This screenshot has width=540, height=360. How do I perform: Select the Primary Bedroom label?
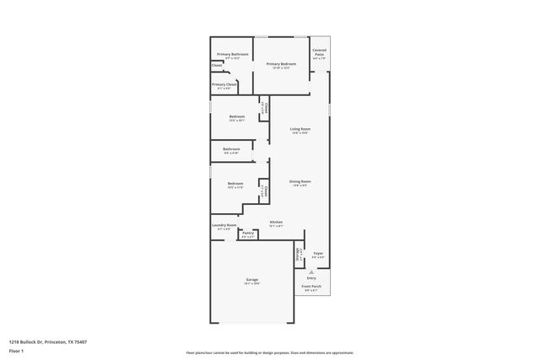pos(282,63)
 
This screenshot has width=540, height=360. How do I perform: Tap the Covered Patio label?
pos(319,51)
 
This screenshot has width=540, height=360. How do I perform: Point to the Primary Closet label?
pos(224,83)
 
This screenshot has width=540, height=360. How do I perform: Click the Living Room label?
pos(300,128)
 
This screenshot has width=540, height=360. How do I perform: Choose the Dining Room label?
pos(300,181)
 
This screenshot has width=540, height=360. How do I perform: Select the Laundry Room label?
pos(224,224)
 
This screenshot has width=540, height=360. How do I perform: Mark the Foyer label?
pos(318,253)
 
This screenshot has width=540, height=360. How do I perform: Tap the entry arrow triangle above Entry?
pos(311,271)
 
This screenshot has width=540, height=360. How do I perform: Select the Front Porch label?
pos(311,287)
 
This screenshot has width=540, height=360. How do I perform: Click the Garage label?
pos(252,279)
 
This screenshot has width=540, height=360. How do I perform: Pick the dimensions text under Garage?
pos(252,284)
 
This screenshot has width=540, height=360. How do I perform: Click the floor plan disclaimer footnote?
pos(270,352)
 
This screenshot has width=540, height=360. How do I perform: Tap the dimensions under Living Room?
pos(300,133)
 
